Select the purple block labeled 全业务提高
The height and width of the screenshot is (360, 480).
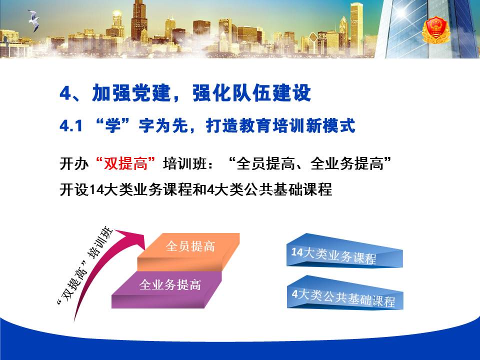click(167, 289)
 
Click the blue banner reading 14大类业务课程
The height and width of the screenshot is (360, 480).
click(344, 250)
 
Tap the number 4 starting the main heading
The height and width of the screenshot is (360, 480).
click(65, 93)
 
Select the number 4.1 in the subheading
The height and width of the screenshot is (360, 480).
click(71, 125)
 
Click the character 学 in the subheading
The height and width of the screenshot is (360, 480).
click(113, 125)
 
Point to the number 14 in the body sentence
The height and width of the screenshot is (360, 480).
click(96, 189)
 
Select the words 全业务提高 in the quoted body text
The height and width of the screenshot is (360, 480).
click(347, 163)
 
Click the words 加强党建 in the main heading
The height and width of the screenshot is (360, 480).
click(131, 93)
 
